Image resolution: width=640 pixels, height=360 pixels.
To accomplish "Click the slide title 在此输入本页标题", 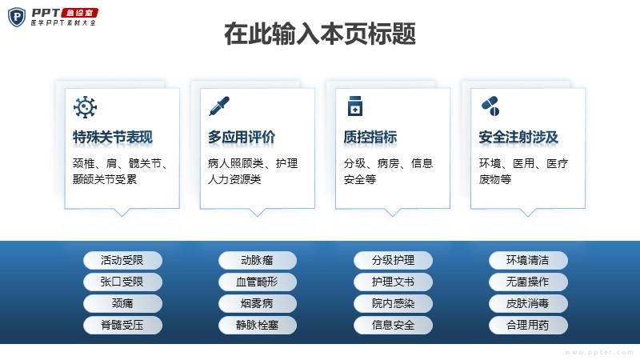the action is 320,34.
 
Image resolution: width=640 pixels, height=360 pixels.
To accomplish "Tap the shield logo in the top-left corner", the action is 17,17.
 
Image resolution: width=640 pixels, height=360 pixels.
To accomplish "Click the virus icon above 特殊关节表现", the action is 85,107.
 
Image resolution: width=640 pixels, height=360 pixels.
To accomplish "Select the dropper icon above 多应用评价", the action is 219,106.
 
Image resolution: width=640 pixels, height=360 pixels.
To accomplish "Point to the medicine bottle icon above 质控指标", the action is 355,106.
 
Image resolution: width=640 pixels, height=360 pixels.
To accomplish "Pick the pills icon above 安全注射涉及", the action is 490,106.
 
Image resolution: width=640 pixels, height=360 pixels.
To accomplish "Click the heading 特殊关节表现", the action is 113,137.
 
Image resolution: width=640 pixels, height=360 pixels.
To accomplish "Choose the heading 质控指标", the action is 370,137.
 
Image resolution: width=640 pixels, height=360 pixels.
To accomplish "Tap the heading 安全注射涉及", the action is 518,137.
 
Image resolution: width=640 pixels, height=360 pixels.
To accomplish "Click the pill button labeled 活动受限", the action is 122,261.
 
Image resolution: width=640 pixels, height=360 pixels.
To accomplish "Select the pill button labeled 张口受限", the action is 122,282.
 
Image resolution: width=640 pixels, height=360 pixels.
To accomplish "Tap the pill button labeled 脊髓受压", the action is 122,326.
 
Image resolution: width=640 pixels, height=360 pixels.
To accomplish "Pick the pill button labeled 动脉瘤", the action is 258,261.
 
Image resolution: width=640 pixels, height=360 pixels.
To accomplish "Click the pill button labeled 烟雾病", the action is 258,304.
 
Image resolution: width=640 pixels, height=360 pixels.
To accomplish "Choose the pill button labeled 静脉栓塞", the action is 258,326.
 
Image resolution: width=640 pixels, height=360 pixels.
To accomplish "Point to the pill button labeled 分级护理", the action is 393,261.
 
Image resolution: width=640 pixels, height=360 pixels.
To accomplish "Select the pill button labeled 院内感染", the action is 393,304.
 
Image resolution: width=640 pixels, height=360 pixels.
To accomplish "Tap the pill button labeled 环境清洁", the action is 528,261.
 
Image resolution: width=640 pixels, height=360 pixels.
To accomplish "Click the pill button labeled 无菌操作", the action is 528,282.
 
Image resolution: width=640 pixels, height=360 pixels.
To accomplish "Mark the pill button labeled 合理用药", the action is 528,326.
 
